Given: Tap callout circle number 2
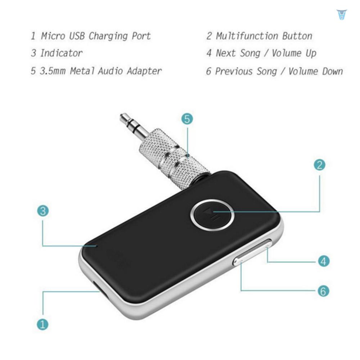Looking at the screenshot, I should coord(319,165).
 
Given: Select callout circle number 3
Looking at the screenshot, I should coord(43,211).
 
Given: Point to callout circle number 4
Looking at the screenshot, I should coord(324,261).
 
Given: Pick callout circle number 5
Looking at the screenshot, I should coord(187,119).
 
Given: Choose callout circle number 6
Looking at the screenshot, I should coord(324,291).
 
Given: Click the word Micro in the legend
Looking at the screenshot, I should coord(53,36).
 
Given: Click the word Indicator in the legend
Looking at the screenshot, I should coord(61,53).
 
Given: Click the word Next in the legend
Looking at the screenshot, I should coord(226,53).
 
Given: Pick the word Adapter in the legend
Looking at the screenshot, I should coord(144,71).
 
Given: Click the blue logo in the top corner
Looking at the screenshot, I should coord(341,14).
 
